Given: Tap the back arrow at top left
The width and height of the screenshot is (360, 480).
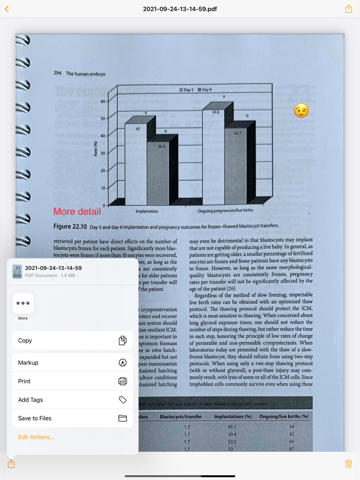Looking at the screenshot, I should pyautogui.click(x=7, y=9).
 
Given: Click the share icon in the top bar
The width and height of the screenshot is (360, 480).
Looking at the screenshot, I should pyautogui.click(x=348, y=9).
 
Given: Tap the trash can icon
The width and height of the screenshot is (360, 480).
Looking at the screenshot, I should pyautogui.click(x=348, y=464).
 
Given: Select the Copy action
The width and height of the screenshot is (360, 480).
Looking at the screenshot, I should pyautogui.click(x=73, y=340).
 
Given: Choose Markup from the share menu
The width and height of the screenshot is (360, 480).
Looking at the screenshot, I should pyautogui.click(x=73, y=362).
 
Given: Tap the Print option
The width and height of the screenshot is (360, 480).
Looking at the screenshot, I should pyautogui.click(x=73, y=381).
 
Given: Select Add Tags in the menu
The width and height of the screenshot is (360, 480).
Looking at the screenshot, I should pyautogui.click(x=73, y=400).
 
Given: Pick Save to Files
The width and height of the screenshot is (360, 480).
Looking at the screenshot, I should pyautogui.click(x=73, y=418).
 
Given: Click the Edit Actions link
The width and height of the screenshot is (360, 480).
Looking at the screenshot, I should pyautogui.click(x=36, y=437).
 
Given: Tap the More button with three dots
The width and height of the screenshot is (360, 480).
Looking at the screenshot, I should pyautogui.click(x=23, y=303).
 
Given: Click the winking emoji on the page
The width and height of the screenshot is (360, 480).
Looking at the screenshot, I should pyautogui.click(x=301, y=110).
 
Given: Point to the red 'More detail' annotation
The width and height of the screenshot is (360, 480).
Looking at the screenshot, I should pyautogui.click(x=77, y=212).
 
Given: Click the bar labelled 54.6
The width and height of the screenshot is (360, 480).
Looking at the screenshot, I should pyautogui.click(x=213, y=154).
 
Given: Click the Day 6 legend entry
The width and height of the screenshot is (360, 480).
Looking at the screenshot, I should pyautogui.click(x=204, y=90).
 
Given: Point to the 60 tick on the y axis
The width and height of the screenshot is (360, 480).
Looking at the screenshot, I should pyautogui.click(x=102, y=101).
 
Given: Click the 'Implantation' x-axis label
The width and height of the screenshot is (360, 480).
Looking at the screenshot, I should pyautogui.click(x=147, y=211).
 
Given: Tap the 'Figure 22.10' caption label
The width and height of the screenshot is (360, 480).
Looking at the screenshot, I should pyautogui.click(x=70, y=227).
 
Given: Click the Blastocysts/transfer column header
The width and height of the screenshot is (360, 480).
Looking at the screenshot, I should pyautogui.click(x=181, y=416).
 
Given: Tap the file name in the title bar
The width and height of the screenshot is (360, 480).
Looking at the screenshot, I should pyautogui.click(x=180, y=9).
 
